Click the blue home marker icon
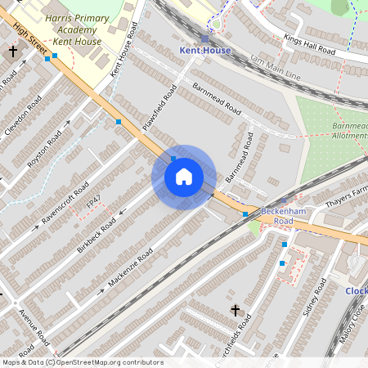[183, 176]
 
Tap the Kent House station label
[204, 50]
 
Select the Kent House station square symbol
[204, 38]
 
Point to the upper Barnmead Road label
[217, 97]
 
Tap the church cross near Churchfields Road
[236, 310]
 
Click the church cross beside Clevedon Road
[12, 51]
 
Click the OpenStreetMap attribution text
[82, 362]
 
